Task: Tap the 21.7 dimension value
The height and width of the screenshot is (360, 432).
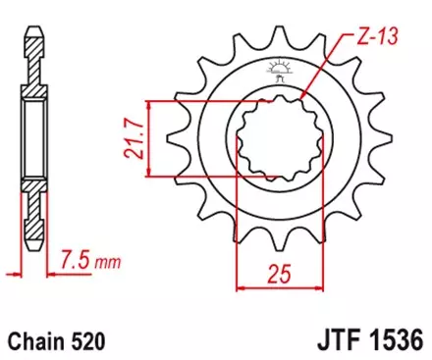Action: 133,138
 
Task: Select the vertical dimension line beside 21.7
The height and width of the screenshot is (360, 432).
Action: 148,138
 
